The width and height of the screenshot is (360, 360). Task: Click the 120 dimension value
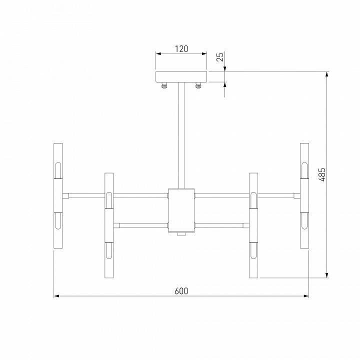pos(181,49)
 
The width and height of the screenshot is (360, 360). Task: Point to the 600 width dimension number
pos(181,291)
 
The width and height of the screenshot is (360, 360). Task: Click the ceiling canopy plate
pos(181,77)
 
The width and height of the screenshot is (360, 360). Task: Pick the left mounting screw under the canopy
pos(164,85)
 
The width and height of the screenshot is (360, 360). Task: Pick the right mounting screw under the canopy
pos(198,85)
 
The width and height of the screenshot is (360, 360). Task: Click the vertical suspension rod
pos(181,135)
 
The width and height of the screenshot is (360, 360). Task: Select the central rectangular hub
pos(181,210)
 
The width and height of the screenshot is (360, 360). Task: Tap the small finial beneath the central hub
pos(181,233)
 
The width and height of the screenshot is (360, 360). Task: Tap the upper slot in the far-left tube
pos(58,169)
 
